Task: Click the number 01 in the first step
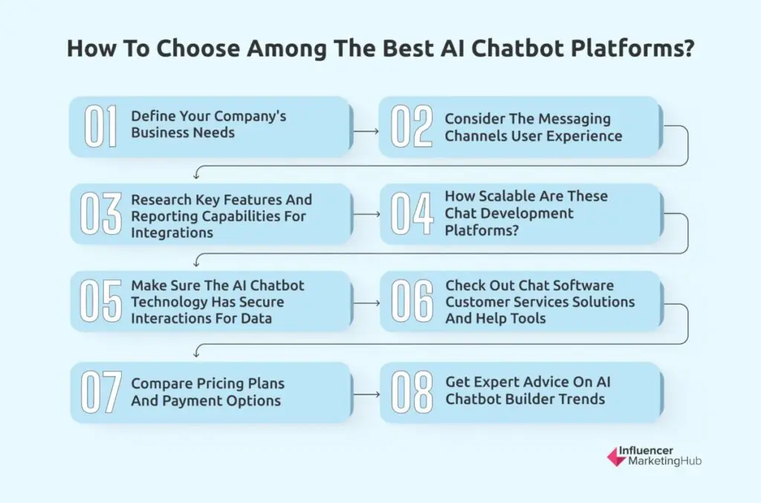click(x=101, y=126)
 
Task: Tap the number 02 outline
click(x=412, y=126)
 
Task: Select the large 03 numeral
click(x=102, y=215)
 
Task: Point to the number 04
click(x=412, y=215)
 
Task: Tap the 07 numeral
click(x=102, y=392)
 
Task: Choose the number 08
click(x=412, y=392)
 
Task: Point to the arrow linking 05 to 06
click(x=365, y=303)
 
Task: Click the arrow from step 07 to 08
click(x=365, y=394)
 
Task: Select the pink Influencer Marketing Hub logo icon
click(x=617, y=456)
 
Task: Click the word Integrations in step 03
click(x=172, y=233)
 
